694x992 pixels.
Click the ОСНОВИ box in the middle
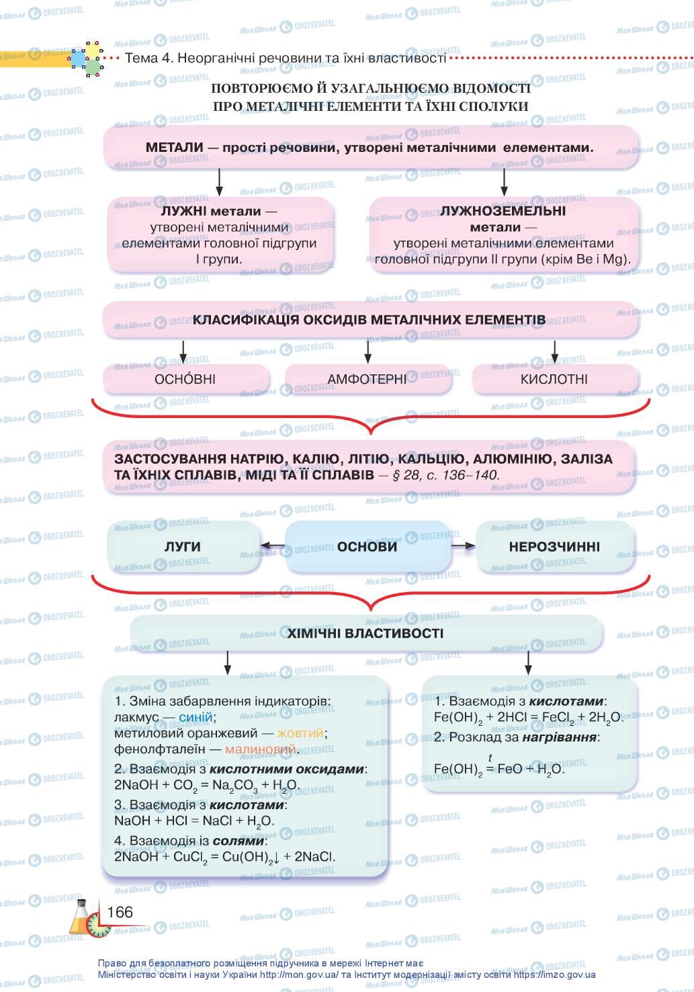coord(367,546)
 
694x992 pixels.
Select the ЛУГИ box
coord(183,546)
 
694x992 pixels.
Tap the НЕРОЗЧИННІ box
coord(554,546)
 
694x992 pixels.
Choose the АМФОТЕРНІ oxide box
coord(367,379)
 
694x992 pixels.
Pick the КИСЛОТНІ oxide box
coord(554,379)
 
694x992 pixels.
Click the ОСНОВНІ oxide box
coord(185,379)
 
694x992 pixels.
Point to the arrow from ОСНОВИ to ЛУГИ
coord(273,546)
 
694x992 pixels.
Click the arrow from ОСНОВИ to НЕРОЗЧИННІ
coord(462,546)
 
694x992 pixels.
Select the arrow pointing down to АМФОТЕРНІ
coord(368,352)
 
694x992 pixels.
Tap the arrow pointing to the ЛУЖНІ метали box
coord(219,181)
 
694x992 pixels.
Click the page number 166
coord(120,912)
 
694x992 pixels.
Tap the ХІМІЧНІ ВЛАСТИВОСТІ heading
coord(365,633)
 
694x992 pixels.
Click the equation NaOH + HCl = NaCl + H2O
coord(194,821)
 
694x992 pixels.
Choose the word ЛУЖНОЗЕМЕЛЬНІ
coord(503,211)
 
